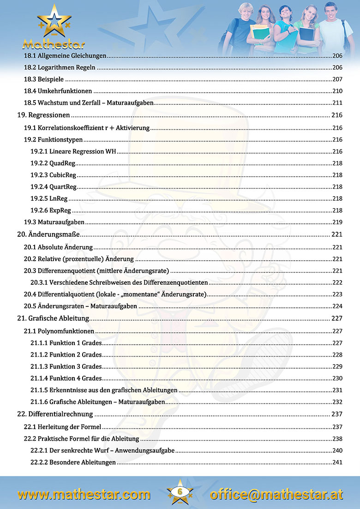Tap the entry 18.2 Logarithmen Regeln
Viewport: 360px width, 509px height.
pyautogui.click(x=60, y=67)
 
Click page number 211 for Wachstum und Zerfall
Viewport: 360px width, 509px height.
pyautogui.click(x=337, y=103)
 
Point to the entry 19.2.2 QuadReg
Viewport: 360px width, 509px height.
pyautogui.click(x=53, y=163)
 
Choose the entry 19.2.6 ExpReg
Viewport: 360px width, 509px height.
pyautogui.click(x=51, y=210)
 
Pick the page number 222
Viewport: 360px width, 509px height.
pyautogui.click(x=337, y=282)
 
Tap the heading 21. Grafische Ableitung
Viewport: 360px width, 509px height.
pyautogui.click(x=53, y=318)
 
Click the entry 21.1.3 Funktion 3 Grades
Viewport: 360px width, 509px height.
pyautogui.click(x=66, y=366)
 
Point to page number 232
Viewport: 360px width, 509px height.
pyautogui.click(x=337, y=402)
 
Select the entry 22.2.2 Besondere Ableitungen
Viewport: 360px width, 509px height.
pyautogui.click(x=73, y=462)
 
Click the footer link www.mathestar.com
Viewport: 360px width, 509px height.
pyautogui.click(x=84, y=494)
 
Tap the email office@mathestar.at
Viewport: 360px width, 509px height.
pyautogui.click(x=276, y=494)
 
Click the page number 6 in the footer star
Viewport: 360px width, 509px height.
pyautogui.click(x=180, y=492)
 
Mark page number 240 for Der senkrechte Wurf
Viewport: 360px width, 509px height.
pyautogui.click(x=337, y=450)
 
